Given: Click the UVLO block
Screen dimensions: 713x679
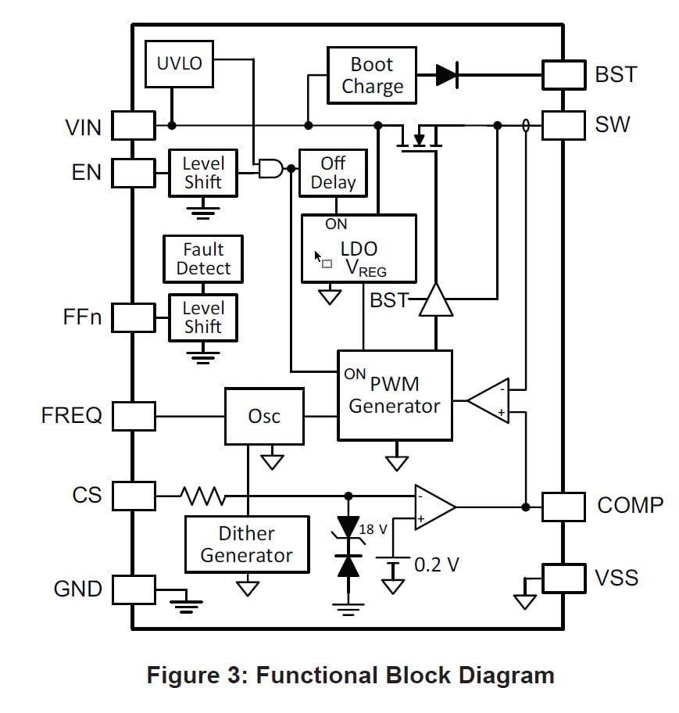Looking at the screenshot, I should (179, 63).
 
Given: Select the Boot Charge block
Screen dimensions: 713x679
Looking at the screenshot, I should (372, 75).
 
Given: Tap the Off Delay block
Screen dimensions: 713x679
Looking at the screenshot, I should (333, 173).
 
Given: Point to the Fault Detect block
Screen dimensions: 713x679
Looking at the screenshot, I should (203, 259).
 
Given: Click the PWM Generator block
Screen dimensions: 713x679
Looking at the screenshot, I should (395, 395).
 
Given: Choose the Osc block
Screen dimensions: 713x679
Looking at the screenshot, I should (264, 416).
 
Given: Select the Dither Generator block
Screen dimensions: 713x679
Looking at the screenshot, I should (247, 544).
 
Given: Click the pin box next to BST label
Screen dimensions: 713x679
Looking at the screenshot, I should (563, 75).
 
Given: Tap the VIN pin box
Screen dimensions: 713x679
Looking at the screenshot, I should (134, 125).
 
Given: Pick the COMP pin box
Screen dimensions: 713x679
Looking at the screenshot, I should (563, 506).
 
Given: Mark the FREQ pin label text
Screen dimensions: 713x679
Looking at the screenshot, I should (71, 415).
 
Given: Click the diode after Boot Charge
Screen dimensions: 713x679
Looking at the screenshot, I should (446, 75).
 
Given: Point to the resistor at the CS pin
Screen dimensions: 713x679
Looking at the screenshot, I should (202, 495).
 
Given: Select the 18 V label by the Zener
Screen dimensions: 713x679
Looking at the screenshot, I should (373, 529).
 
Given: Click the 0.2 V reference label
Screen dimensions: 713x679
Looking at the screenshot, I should (436, 564).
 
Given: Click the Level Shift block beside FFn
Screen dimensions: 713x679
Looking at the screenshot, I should (203, 317).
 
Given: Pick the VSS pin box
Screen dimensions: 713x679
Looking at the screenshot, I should (563, 578).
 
